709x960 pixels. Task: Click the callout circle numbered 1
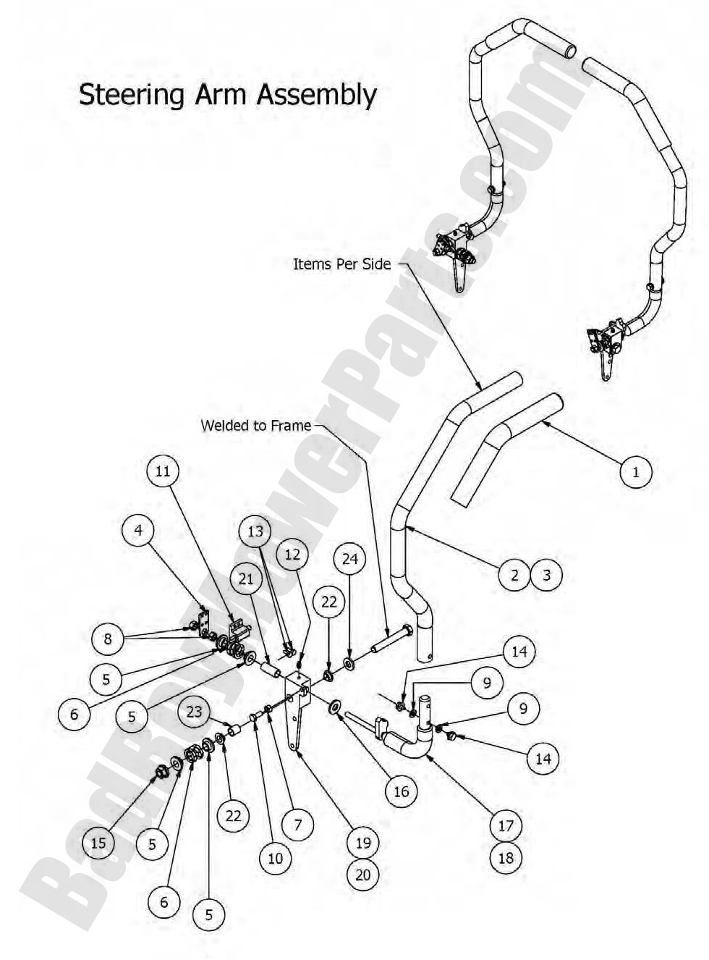636,472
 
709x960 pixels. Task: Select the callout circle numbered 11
163,471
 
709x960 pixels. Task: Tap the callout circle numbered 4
138,530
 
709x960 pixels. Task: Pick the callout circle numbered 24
349,559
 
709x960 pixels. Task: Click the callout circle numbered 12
292,555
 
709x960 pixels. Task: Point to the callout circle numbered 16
402,791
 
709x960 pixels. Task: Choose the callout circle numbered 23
194,712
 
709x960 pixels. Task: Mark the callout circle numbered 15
98,843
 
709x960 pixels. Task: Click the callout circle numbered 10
276,859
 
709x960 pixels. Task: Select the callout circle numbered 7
298,824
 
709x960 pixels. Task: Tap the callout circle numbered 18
506,858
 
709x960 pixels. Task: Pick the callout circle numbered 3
546,575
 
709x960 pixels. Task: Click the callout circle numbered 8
108,639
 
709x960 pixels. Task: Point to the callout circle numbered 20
363,875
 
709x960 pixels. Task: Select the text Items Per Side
341,264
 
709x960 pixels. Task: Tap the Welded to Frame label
256,426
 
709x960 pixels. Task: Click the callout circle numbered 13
255,531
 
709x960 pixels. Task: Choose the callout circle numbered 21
246,578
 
